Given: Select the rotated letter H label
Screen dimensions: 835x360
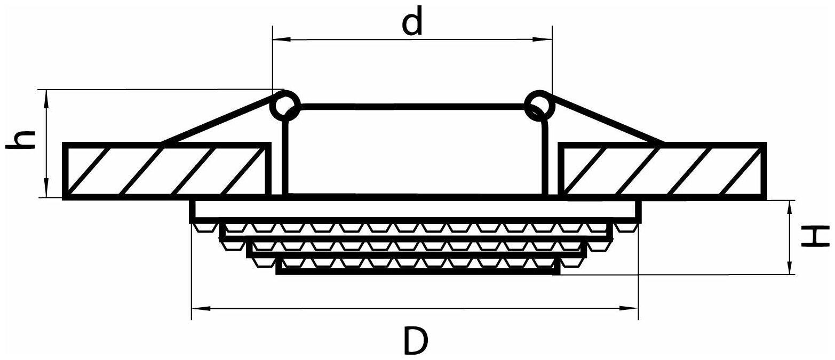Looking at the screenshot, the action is click(x=814, y=237).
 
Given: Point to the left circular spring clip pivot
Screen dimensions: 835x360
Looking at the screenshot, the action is click(x=285, y=104).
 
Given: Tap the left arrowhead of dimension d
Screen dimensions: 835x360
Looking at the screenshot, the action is click(x=281, y=39).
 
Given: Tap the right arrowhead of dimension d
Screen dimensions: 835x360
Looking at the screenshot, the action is click(x=543, y=39).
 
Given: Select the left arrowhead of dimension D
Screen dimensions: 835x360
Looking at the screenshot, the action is click(x=201, y=308).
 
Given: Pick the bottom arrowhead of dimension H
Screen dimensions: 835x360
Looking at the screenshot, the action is click(x=790, y=266).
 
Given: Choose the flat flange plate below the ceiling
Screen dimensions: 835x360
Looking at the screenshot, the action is click(x=415, y=210).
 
